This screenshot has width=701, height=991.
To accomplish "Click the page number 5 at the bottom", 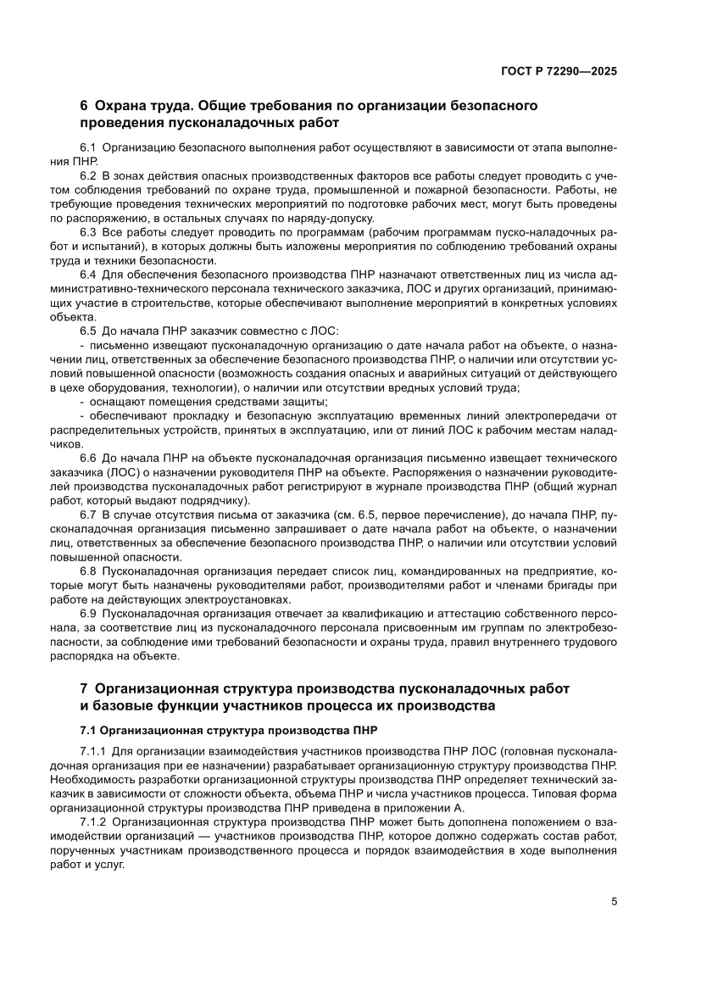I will coord(614,901).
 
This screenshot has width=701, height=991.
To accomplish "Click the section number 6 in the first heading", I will coord(83,106).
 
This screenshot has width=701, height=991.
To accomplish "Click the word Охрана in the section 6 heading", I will coord(121,106).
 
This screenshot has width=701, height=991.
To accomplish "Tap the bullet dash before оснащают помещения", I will coord(81,401).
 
